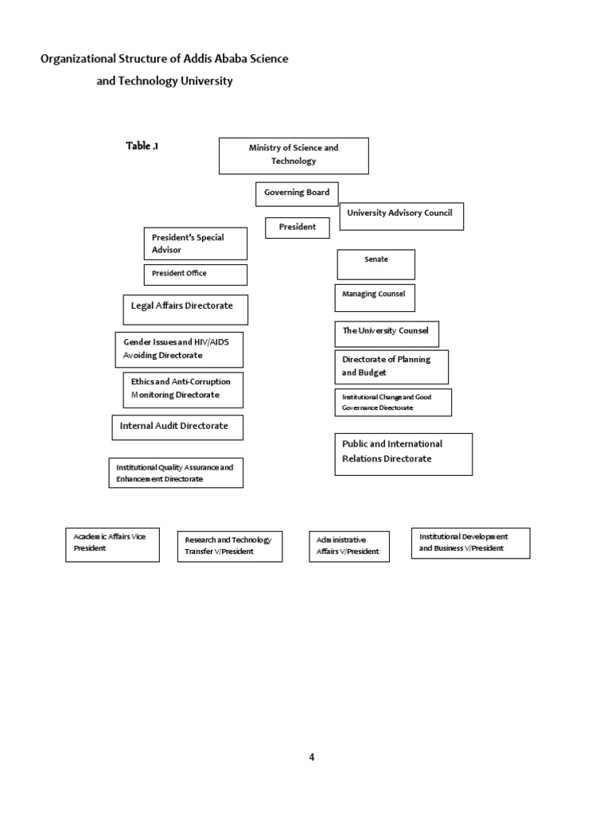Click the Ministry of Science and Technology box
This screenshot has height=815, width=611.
pyautogui.click(x=294, y=155)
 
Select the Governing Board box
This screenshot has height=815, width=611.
pyautogui.click(x=297, y=193)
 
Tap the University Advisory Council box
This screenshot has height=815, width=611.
pyautogui.click(x=401, y=216)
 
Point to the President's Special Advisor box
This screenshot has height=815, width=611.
pyautogui.click(x=195, y=244)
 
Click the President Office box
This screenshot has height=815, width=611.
pyautogui.click(x=195, y=275)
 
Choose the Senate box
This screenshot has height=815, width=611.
pyautogui.click(x=376, y=264)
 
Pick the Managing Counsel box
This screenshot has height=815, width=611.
pyautogui.click(x=374, y=298)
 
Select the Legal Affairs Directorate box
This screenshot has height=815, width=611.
pyautogui.click(x=185, y=310)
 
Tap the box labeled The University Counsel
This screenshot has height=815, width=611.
pyautogui.click(x=386, y=333)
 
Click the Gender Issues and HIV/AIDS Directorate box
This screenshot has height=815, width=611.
pyautogui.click(x=179, y=349)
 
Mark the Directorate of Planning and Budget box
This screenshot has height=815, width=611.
pyautogui.click(x=391, y=367)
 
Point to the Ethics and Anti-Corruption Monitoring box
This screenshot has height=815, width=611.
pyautogui.click(x=182, y=389)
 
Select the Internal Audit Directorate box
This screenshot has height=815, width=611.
pyautogui.click(x=177, y=427)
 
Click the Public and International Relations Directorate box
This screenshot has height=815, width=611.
pyautogui.click(x=403, y=454)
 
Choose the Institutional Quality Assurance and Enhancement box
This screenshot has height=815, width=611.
pyautogui.click(x=176, y=473)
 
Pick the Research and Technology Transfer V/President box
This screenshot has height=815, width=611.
pyautogui.click(x=229, y=546)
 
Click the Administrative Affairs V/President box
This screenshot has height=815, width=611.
pyautogui.click(x=349, y=546)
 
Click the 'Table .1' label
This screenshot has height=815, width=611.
pyautogui.click(x=142, y=146)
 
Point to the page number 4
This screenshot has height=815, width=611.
pyautogui.click(x=312, y=757)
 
